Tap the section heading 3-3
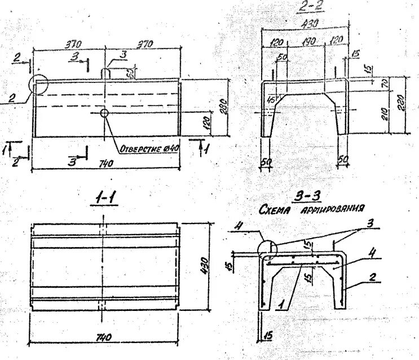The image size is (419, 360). (x=307, y=197)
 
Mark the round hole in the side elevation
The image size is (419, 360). (x=104, y=113)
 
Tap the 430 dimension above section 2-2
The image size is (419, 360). (x=310, y=23)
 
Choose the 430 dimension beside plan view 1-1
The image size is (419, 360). (x=205, y=264)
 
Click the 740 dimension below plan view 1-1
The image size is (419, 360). (x=103, y=337)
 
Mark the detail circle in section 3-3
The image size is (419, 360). (x=266, y=248)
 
